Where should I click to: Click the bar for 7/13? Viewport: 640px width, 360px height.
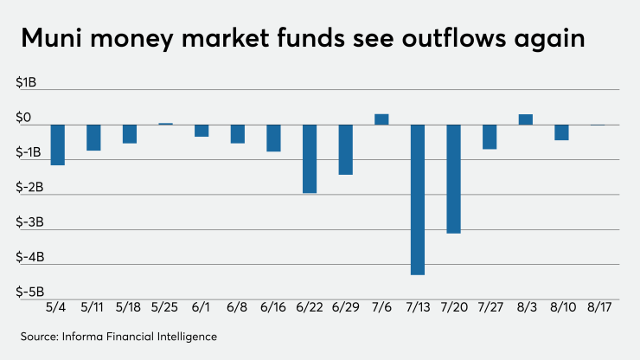pyautogui.click(x=418, y=199)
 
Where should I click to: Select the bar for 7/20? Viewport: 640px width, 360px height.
pyautogui.click(x=453, y=178)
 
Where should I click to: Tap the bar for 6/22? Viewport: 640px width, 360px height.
pyautogui.click(x=310, y=158)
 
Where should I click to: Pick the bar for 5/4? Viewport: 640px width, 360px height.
pyautogui.click(x=58, y=145)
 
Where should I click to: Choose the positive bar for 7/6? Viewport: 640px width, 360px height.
pyautogui.click(x=381, y=119)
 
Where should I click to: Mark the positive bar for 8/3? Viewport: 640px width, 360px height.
pyautogui.click(x=525, y=119)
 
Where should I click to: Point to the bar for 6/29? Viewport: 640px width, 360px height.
pyautogui.click(x=345, y=149)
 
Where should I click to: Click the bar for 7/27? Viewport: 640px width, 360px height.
pyautogui.click(x=490, y=137)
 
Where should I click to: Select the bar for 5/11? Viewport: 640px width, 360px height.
pyautogui.click(x=93, y=138)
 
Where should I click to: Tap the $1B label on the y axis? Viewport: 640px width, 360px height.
pyautogui.click(x=28, y=83)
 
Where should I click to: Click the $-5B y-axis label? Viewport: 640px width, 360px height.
pyautogui.click(x=26, y=292)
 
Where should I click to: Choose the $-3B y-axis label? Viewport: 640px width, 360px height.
pyautogui.click(x=26, y=222)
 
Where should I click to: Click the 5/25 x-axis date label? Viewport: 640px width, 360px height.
pyautogui.click(x=165, y=307)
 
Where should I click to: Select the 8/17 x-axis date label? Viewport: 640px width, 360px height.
pyautogui.click(x=597, y=307)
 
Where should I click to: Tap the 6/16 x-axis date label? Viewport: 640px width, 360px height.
pyautogui.click(x=273, y=307)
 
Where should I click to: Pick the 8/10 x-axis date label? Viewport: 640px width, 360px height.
pyautogui.click(x=561, y=307)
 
